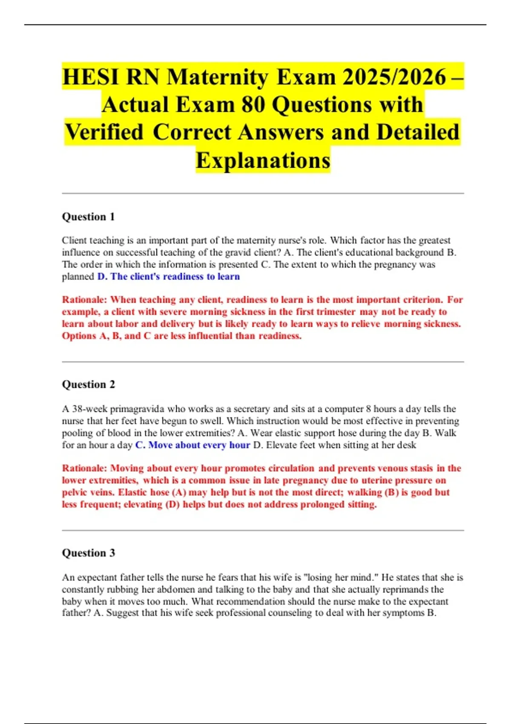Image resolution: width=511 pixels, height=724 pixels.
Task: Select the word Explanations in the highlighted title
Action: [x=263, y=160]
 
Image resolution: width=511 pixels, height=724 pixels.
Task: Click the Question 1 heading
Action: [x=88, y=217]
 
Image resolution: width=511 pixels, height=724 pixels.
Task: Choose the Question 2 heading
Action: [x=88, y=385]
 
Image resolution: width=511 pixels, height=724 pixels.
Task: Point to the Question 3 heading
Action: [x=88, y=553]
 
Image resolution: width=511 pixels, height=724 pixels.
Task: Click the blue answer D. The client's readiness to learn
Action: [x=169, y=276]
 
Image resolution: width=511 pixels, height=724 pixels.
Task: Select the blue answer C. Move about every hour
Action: [x=192, y=445]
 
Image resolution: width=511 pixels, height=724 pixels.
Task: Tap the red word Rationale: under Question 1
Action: [x=84, y=300]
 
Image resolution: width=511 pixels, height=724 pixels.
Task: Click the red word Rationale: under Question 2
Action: [x=84, y=468]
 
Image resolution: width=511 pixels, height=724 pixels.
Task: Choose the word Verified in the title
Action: [x=104, y=132]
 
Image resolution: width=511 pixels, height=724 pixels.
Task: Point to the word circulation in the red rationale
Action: [x=291, y=468]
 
